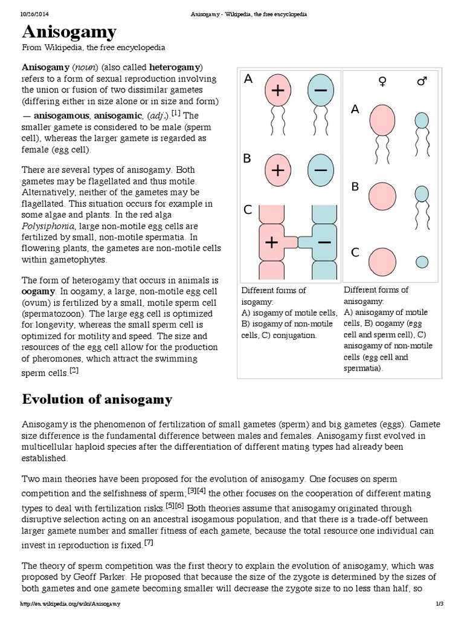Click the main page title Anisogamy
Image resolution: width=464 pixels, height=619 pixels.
(69, 32)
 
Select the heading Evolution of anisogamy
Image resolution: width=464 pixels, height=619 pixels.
(97, 400)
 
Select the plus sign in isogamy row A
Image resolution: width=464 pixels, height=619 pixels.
(278, 91)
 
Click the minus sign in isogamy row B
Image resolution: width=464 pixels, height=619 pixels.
(321, 170)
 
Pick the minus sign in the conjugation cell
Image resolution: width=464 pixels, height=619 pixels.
(324, 242)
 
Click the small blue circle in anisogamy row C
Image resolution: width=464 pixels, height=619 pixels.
(422, 261)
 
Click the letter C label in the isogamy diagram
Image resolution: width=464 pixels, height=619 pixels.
(247, 211)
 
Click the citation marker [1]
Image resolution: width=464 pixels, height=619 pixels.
(175, 112)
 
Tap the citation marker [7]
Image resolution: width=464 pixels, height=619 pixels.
(149, 543)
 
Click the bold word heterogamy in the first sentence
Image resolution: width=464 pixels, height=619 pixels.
(175, 66)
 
